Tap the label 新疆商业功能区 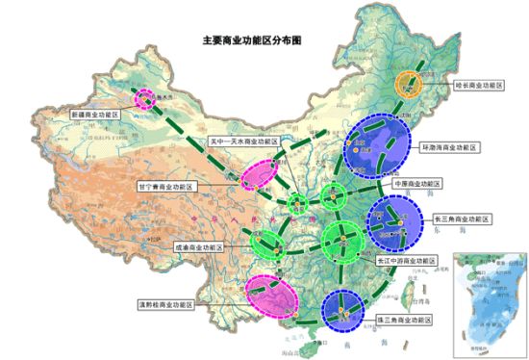tap(93, 115)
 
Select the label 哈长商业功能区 tap(480, 85)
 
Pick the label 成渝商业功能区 tap(197, 246)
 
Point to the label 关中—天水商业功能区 tap(244, 141)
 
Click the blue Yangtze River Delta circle tap(395, 220)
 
